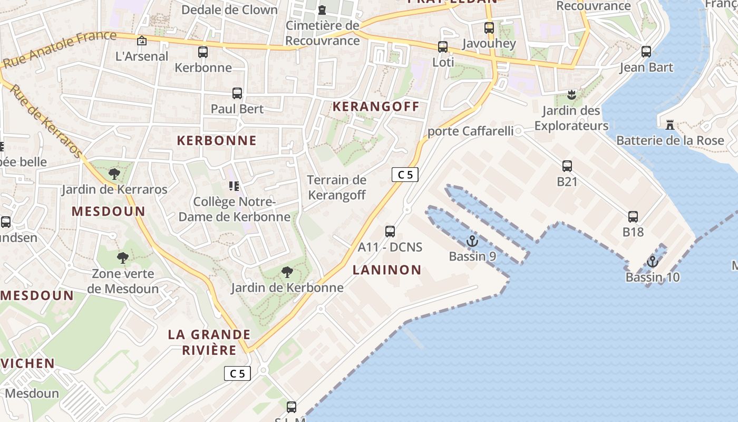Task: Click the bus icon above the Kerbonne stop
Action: (x=203, y=52)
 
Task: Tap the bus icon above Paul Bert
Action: (x=237, y=93)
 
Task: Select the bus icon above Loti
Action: (x=443, y=47)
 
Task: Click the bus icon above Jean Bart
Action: (x=646, y=52)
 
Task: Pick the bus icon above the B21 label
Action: (x=567, y=166)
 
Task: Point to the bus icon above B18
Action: (x=633, y=216)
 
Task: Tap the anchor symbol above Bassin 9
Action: (x=472, y=242)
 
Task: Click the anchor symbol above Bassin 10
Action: (x=653, y=262)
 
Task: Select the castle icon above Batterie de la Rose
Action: (x=670, y=125)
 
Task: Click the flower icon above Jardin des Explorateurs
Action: (x=571, y=95)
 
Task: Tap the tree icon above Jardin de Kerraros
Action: (x=114, y=174)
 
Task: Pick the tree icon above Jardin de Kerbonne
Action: (x=287, y=272)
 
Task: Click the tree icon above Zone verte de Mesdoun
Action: (x=123, y=258)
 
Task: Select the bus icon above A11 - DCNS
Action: (x=390, y=231)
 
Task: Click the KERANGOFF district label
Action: (x=376, y=107)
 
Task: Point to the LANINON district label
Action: (x=387, y=270)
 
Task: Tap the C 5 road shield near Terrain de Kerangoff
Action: (x=405, y=175)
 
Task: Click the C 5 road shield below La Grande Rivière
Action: (x=237, y=373)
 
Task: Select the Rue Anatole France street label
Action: (x=60, y=49)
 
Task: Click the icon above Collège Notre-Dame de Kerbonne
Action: (x=234, y=186)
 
